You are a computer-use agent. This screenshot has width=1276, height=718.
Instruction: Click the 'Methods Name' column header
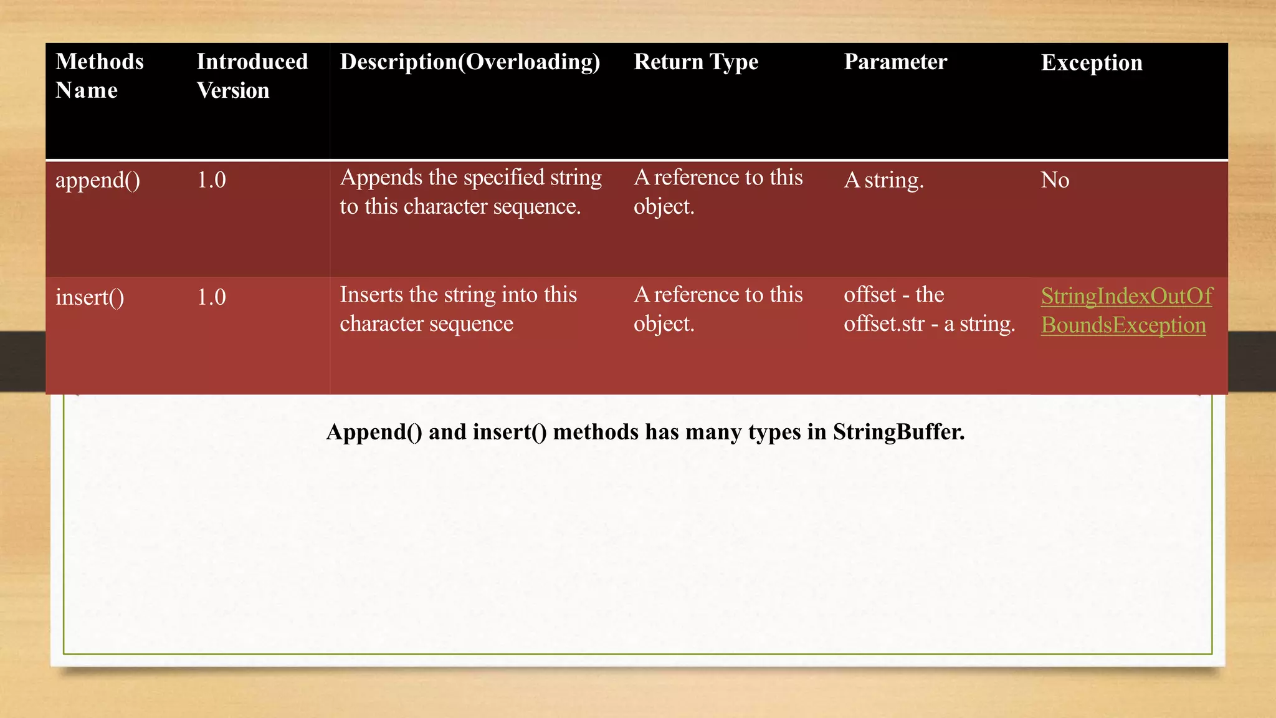pyautogui.click(x=99, y=76)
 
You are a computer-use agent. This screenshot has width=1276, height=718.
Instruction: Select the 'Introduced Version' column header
pyautogui.click(x=252, y=76)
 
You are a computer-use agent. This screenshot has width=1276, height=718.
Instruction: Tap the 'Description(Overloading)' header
pyautogui.click(x=470, y=62)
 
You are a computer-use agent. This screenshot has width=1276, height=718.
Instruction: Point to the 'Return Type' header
pyautogui.click(x=696, y=62)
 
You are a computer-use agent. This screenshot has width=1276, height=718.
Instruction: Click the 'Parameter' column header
pyautogui.click(x=895, y=62)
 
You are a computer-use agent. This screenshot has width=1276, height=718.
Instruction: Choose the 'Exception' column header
pyautogui.click(x=1092, y=63)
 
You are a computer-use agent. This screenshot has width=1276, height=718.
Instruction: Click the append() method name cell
pyautogui.click(x=98, y=181)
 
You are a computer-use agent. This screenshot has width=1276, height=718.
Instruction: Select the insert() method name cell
pyautogui.click(x=90, y=297)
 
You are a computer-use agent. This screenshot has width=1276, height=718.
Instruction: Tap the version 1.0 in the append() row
pyautogui.click(x=211, y=180)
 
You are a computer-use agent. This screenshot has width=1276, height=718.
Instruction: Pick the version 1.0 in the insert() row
pyautogui.click(x=211, y=297)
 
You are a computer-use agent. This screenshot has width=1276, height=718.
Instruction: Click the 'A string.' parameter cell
pyautogui.click(x=883, y=180)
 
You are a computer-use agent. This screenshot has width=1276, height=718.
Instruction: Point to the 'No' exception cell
pyautogui.click(x=1055, y=180)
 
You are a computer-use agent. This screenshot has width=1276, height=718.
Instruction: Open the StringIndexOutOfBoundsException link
pyautogui.click(x=1126, y=310)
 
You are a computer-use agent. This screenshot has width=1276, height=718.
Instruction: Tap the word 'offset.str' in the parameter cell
pyautogui.click(x=884, y=324)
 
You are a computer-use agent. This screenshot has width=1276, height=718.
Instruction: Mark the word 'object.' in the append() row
pyautogui.click(x=664, y=207)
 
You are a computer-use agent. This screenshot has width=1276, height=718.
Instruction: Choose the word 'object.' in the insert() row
pyautogui.click(x=664, y=324)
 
